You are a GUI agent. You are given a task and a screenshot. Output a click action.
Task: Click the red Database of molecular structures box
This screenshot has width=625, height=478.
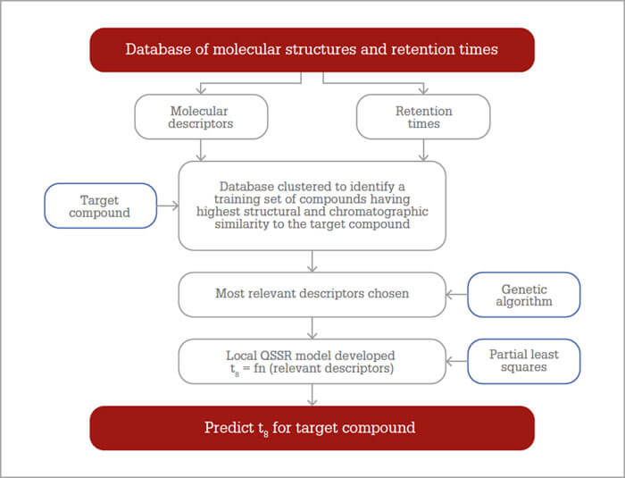312,50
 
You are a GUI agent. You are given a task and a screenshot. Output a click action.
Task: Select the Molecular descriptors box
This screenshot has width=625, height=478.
201,116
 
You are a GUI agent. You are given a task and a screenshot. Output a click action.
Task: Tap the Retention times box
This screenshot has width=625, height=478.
423,116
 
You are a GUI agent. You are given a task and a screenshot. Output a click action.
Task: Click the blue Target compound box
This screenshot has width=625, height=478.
100,205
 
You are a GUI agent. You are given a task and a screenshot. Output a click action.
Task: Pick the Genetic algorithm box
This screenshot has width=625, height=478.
524,295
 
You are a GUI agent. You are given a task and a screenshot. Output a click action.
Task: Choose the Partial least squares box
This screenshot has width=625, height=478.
524,361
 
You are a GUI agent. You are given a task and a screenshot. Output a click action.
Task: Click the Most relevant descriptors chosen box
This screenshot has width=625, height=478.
312,295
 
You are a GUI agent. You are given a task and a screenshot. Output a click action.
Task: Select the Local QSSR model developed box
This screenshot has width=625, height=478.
312,361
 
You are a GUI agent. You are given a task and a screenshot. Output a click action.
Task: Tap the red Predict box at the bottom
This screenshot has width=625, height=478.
312,428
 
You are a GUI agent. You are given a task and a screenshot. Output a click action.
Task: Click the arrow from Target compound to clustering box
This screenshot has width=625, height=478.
168,205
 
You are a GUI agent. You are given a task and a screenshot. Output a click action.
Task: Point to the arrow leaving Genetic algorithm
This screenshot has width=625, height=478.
457,295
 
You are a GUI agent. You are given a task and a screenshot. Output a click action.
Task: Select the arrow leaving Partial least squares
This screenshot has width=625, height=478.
457,362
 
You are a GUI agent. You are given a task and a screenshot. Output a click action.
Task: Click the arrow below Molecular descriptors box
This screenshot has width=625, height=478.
201,150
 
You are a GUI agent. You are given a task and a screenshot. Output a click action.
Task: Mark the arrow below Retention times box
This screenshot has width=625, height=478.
423,150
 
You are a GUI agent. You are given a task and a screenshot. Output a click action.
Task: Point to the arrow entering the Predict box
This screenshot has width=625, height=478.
312,395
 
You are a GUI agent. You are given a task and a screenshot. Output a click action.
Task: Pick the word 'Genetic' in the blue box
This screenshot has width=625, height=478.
524,289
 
